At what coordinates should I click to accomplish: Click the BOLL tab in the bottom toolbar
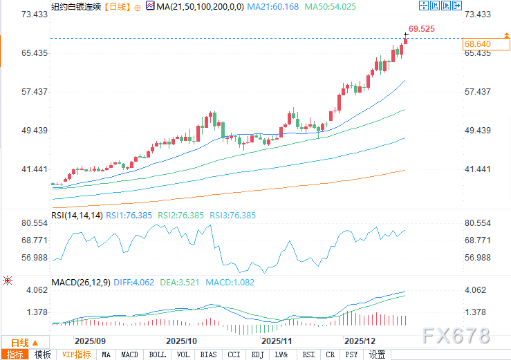pyautogui.click(x=158, y=354)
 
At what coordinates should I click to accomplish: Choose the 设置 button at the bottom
pyautogui.click(x=377, y=354)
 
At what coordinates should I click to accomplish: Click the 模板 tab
pyautogui.click(x=42, y=354)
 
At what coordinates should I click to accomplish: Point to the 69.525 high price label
pyautogui.click(x=421, y=28)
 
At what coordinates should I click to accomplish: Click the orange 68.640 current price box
pyautogui.click(x=477, y=44)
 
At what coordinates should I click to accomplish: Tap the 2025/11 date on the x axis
pyautogui.click(x=277, y=341)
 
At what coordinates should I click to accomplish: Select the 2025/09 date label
pyautogui.click(x=90, y=341)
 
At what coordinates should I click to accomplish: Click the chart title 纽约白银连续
pyautogui.click(x=76, y=6)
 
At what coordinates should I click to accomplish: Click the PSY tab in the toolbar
pyautogui.click(x=352, y=354)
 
